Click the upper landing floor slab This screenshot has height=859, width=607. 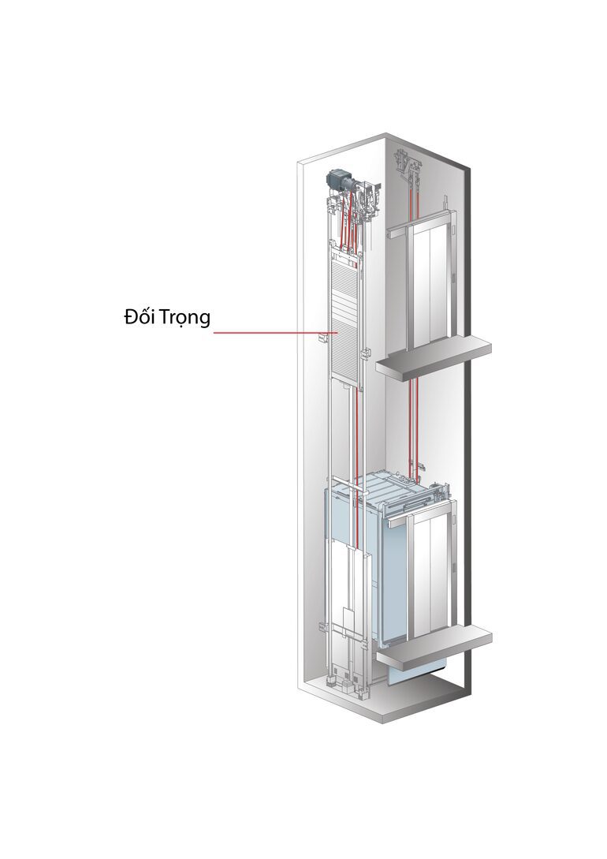433,357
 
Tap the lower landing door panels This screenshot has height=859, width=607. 430,576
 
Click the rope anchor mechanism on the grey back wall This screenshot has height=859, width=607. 408,164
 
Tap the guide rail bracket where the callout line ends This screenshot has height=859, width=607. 323,337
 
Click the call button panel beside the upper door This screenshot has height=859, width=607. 453,278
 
